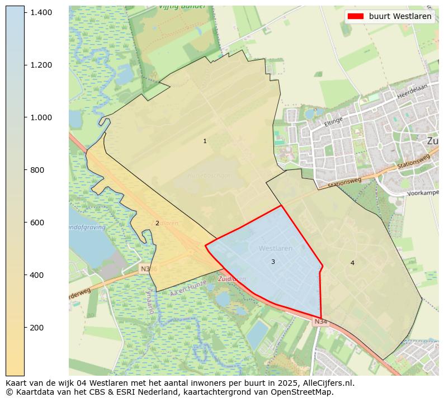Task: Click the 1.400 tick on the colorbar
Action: coord(42,12)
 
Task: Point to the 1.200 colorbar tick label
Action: coord(42,65)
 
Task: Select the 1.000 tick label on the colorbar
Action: coord(42,117)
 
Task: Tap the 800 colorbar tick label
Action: coord(37,170)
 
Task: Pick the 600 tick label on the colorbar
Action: coord(37,223)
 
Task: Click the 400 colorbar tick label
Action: coord(37,275)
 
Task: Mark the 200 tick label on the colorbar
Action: coord(37,328)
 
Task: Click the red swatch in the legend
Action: coord(356,17)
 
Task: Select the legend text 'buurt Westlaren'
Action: coord(400,17)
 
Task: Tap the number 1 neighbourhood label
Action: coord(205,141)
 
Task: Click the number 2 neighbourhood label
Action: coord(157,224)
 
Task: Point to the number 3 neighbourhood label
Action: coord(273,262)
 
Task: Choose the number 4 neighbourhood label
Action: coord(352,263)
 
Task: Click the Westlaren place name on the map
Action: coord(276,248)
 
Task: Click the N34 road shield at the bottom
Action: coord(320,321)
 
